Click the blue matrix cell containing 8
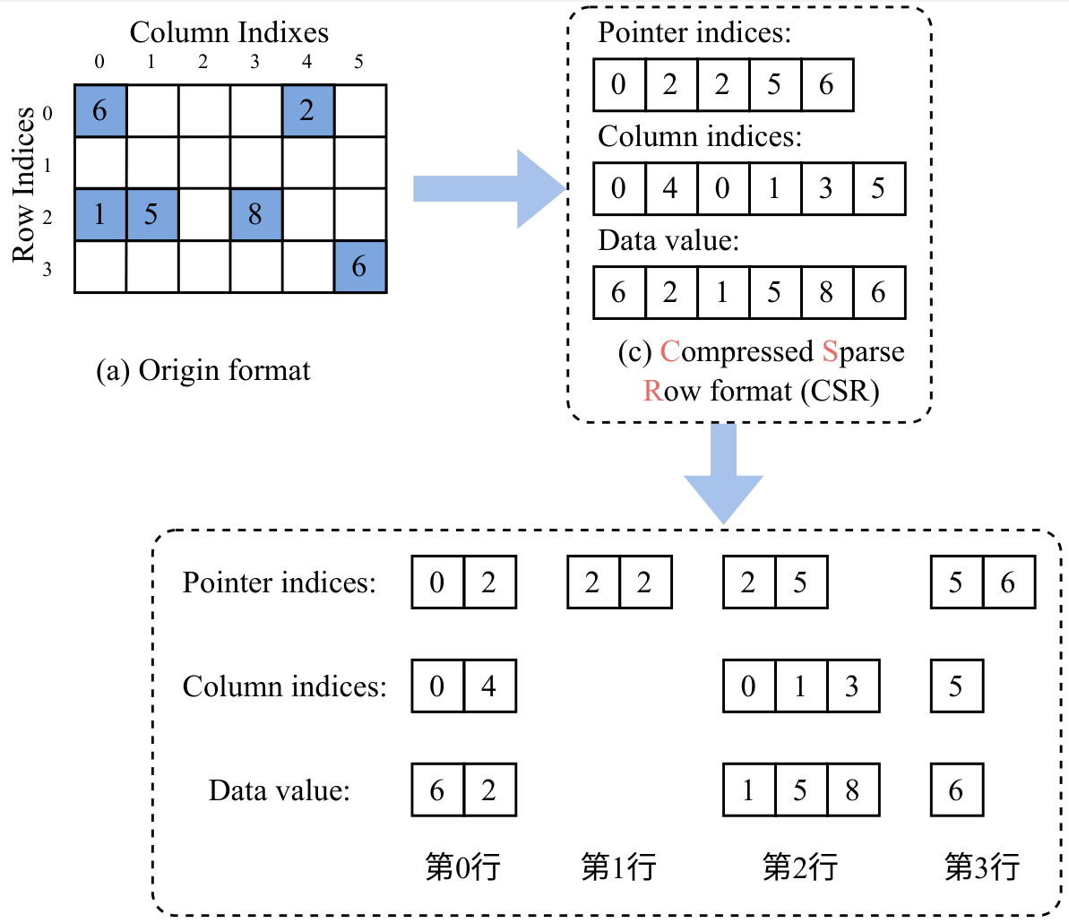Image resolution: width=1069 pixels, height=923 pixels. (255, 215)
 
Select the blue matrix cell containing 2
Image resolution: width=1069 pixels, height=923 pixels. (307, 111)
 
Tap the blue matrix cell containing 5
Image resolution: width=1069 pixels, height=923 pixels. (151, 215)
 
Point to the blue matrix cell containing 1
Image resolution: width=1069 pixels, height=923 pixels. (99, 215)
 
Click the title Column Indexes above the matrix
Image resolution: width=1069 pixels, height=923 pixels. (229, 33)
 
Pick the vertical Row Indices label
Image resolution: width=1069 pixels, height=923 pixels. (23, 185)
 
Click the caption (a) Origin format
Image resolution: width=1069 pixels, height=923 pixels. (203, 370)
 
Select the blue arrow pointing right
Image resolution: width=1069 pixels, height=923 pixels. (488, 189)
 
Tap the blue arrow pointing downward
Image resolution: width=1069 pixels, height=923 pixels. (723, 473)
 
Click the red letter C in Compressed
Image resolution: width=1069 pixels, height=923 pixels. (669, 352)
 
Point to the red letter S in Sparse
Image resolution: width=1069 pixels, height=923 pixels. (830, 352)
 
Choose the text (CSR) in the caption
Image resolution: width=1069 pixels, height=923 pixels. (841, 392)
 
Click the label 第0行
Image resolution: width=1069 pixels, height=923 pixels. (462, 867)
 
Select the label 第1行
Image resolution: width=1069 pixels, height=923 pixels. (618, 867)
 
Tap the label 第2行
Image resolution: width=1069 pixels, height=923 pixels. (800, 867)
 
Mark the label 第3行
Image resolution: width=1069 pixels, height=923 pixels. (982, 867)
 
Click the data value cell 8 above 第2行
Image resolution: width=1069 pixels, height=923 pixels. (852, 790)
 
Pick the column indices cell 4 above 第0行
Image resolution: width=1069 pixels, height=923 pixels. (489, 686)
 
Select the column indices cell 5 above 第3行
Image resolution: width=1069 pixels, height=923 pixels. (956, 686)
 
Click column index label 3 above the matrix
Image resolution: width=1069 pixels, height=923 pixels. (255, 63)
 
